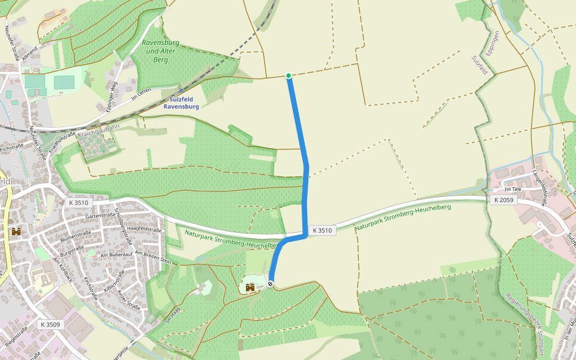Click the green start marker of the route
point(289,76)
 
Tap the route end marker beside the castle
point(271,284)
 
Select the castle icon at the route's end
point(250,287)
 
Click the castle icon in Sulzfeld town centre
point(16,231)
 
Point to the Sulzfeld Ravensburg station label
point(181,103)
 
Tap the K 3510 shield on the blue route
point(322,230)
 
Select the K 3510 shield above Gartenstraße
point(79,203)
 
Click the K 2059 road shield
point(503,200)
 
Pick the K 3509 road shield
point(50,324)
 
